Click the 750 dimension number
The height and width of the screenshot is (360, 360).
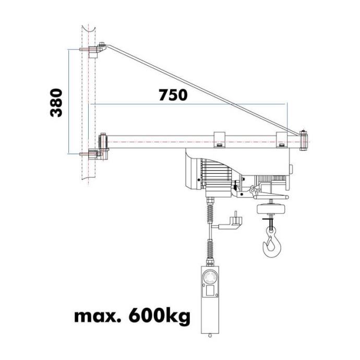point(173,95)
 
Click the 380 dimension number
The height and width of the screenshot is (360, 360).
point(56,103)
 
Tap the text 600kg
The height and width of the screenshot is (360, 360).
point(160,316)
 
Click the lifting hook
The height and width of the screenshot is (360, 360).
point(272,244)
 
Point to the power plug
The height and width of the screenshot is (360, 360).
point(231,221)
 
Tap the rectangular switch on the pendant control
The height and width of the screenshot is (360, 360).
point(210,291)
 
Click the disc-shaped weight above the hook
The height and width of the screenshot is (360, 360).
point(271,209)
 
